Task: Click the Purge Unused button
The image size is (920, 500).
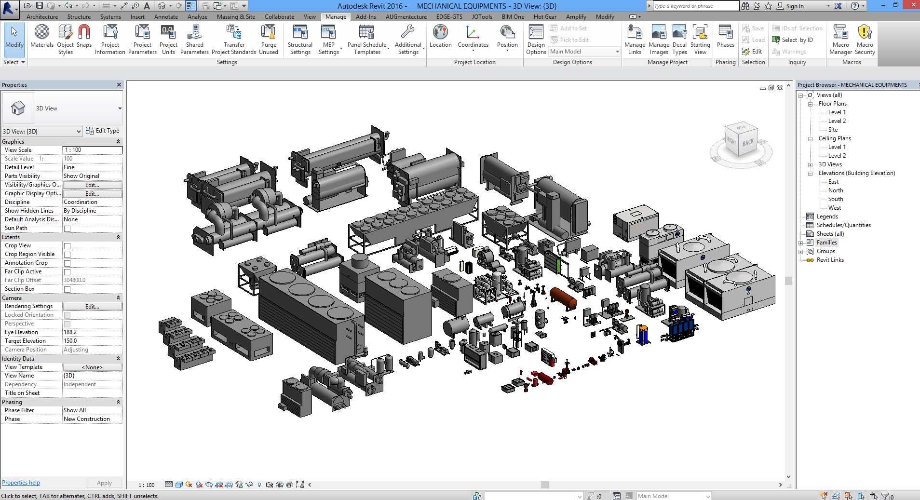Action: pyautogui.click(x=269, y=40)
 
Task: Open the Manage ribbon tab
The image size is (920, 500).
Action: pyautogui.click(x=336, y=16)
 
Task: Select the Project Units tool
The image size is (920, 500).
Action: pyautogui.click(x=168, y=40)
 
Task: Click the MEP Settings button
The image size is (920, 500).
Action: pyautogui.click(x=329, y=40)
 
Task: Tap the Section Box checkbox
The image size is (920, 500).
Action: pyautogui.click(x=68, y=289)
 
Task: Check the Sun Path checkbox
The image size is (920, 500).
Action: pyautogui.click(x=68, y=229)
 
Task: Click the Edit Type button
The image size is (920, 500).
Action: pyautogui.click(x=103, y=131)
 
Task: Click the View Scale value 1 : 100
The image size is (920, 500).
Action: pyautogui.click(x=92, y=150)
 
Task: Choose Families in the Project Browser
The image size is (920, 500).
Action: pyautogui.click(x=826, y=243)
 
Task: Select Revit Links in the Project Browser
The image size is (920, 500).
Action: pyautogui.click(x=830, y=260)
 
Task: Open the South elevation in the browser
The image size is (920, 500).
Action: pyautogui.click(x=836, y=199)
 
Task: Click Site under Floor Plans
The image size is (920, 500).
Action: pyautogui.click(x=833, y=130)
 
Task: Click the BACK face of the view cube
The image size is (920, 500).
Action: pyautogui.click(x=748, y=142)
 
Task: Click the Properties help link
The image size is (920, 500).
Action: pyautogui.click(x=21, y=483)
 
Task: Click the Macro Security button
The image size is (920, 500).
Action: pyautogui.click(x=865, y=40)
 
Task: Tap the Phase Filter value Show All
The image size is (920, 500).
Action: pyautogui.click(x=92, y=410)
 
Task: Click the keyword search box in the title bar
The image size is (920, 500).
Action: pyautogui.click(x=695, y=6)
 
